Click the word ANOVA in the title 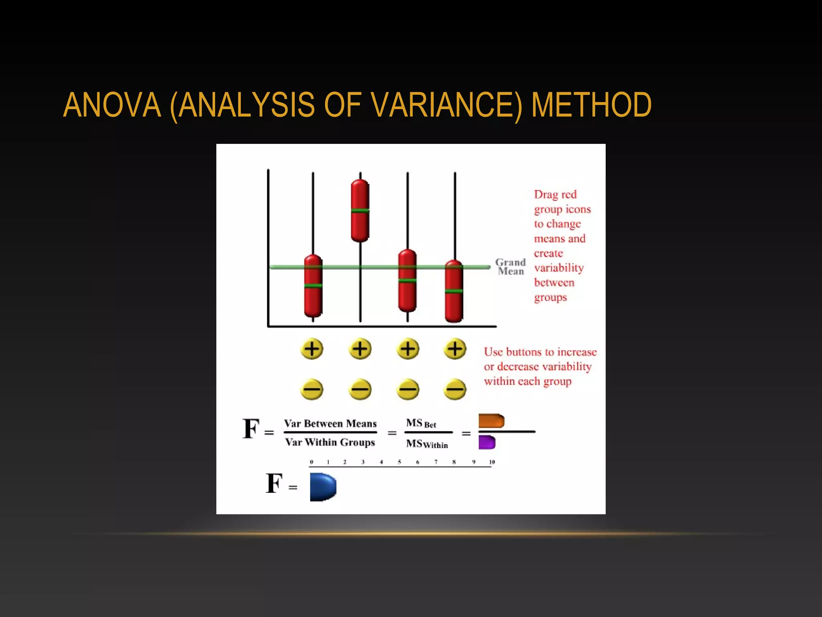click(x=112, y=105)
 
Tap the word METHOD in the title click(x=591, y=105)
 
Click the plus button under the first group click(x=312, y=349)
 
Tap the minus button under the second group click(x=360, y=389)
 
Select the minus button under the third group click(x=407, y=389)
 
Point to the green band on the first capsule click(x=313, y=286)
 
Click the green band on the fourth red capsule click(x=454, y=291)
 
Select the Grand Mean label click(x=510, y=267)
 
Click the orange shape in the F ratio click(x=491, y=421)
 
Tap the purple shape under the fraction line click(x=487, y=442)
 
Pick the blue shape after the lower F click(x=322, y=487)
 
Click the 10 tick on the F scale click(x=492, y=462)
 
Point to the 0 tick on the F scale click(x=311, y=462)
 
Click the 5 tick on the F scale click(x=399, y=462)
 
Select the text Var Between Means click(x=330, y=424)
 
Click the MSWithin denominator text click(x=427, y=444)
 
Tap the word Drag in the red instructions click(x=544, y=195)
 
